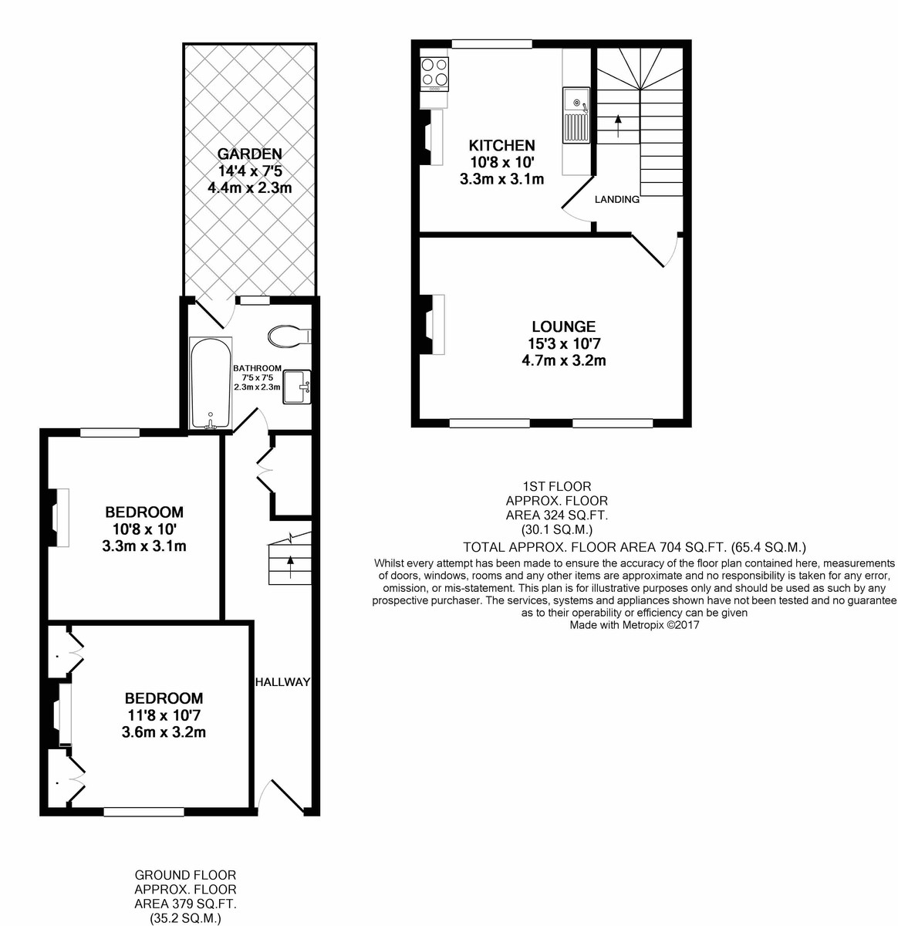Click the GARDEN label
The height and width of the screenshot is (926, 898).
tap(250, 154)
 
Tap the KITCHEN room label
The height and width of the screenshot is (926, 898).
tap(501, 145)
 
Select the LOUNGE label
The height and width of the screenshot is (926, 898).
tap(564, 326)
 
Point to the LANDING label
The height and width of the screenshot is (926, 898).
tap(617, 200)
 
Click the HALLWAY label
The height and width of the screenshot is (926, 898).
tap(282, 682)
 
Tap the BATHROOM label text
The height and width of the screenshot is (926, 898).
tap(258, 368)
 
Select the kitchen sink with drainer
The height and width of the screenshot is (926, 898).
tap(576, 115)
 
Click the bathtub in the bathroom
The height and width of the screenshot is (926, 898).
tap(211, 383)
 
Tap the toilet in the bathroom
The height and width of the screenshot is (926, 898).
tap(289, 336)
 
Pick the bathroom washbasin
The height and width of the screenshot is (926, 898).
tap(297, 387)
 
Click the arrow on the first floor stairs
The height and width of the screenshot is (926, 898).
tap(618, 126)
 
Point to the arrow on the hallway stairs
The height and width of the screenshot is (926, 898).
tap(290, 567)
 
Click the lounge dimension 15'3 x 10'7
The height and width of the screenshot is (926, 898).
tap(564, 343)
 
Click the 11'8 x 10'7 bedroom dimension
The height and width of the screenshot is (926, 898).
tap(164, 715)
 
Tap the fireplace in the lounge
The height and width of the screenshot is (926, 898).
tap(431, 325)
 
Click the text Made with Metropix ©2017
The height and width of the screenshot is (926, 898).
tap(634, 625)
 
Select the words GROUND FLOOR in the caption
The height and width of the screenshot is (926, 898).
tap(185, 875)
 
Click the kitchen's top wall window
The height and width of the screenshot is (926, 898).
tap(491, 44)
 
